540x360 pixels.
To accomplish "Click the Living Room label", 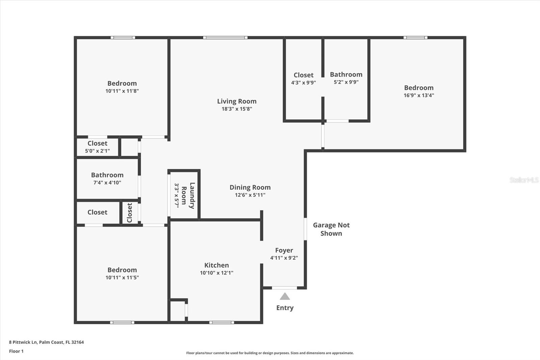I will pyautogui.click(x=237, y=101).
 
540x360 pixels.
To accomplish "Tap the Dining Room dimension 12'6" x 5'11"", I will pyautogui.click(x=250, y=195).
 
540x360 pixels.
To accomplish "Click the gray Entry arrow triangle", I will pyautogui.click(x=285, y=297).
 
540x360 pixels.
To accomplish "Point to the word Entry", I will pyautogui.click(x=285, y=308).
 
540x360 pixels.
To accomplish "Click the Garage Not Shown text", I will pyautogui.click(x=331, y=229).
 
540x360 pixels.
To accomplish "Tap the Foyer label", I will pyautogui.click(x=284, y=250).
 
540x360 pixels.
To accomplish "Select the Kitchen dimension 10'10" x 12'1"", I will pyautogui.click(x=216, y=273).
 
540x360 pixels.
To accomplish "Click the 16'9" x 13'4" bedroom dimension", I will pyautogui.click(x=419, y=95).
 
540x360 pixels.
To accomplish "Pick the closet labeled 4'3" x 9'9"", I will pyautogui.click(x=303, y=75).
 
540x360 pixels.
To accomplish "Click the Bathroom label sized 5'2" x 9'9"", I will pyautogui.click(x=346, y=74).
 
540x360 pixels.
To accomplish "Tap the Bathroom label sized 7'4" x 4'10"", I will pyautogui.click(x=107, y=175).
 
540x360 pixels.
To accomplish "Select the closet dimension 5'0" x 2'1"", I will pyautogui.click(x=97, y=151).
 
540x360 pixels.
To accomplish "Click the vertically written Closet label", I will pyautogui.click(x=130, y=212).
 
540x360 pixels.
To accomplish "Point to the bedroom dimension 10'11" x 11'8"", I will pyautogui.click(x=122, y=91).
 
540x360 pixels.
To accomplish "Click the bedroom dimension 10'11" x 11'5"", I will pyautogui.click(x=122, y=278).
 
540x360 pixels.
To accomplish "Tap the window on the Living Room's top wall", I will pyautogui.click(x=225, y=37).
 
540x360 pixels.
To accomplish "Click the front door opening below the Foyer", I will pyautogui.click(x=285, y=288).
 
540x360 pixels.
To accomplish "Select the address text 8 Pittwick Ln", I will pyautogui.click(x=46, y=342).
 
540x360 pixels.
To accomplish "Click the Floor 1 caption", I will pyautogui.click(x=16, y=351).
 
